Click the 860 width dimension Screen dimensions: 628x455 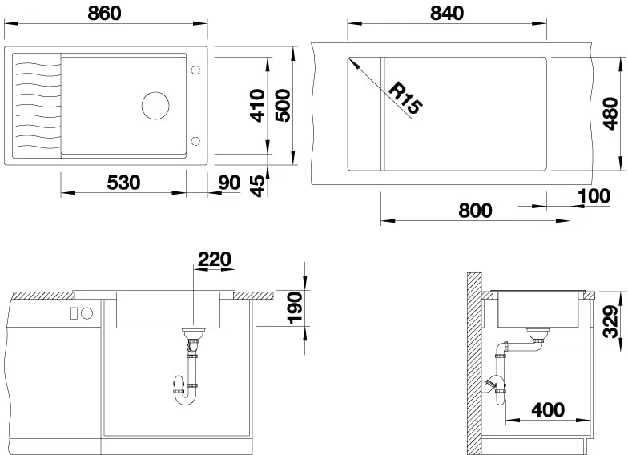104,13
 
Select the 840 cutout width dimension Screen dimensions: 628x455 447,13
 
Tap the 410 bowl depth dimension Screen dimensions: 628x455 258,106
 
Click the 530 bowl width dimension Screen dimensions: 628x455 123,183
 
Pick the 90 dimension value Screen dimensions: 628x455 229,183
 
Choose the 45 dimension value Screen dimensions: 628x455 258,186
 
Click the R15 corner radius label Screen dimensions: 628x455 405,98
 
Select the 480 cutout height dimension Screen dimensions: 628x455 610,114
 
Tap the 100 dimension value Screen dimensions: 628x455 594,195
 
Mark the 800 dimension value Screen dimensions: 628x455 475,211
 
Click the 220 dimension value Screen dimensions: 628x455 215,260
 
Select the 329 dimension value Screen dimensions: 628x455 611,322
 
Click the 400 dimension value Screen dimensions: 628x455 548,410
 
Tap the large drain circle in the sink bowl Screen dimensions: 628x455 155,106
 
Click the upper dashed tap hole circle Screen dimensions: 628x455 195,70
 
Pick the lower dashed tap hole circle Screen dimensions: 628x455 195,141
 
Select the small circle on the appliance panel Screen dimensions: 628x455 88,313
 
